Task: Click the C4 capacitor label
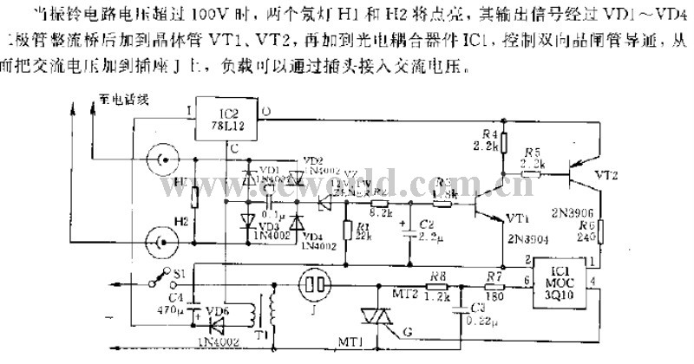177,297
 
